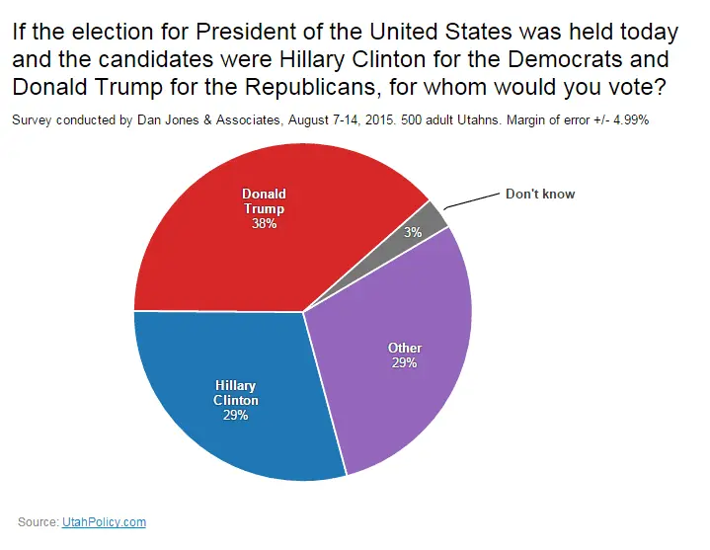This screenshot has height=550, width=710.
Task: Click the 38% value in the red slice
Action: (264, 224)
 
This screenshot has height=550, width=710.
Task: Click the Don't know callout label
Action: (539, 194)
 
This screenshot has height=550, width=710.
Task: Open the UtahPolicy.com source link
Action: (104, 521)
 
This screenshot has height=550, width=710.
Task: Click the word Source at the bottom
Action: (38, 521)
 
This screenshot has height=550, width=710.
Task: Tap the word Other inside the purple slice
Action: (404, 348)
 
